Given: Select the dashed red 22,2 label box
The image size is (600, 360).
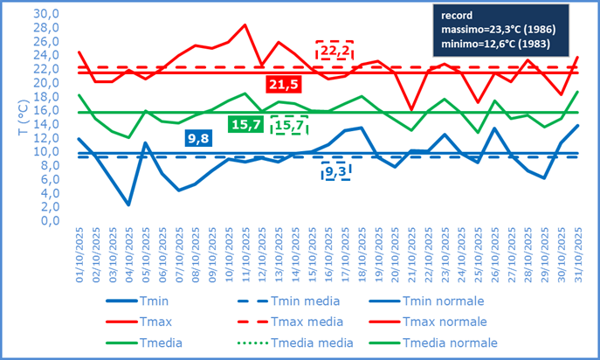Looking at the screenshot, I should (334, 52).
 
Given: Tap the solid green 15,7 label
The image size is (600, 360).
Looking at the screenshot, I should (247, 125).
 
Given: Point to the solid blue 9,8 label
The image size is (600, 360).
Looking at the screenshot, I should (199, 138).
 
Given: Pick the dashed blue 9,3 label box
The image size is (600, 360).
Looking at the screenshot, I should (336, 171).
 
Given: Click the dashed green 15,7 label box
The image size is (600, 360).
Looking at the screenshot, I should (289, 125).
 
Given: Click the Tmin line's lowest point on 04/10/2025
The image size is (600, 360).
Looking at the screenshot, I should (128, 204).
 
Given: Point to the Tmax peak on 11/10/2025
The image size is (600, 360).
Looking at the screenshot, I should (245, 25).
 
